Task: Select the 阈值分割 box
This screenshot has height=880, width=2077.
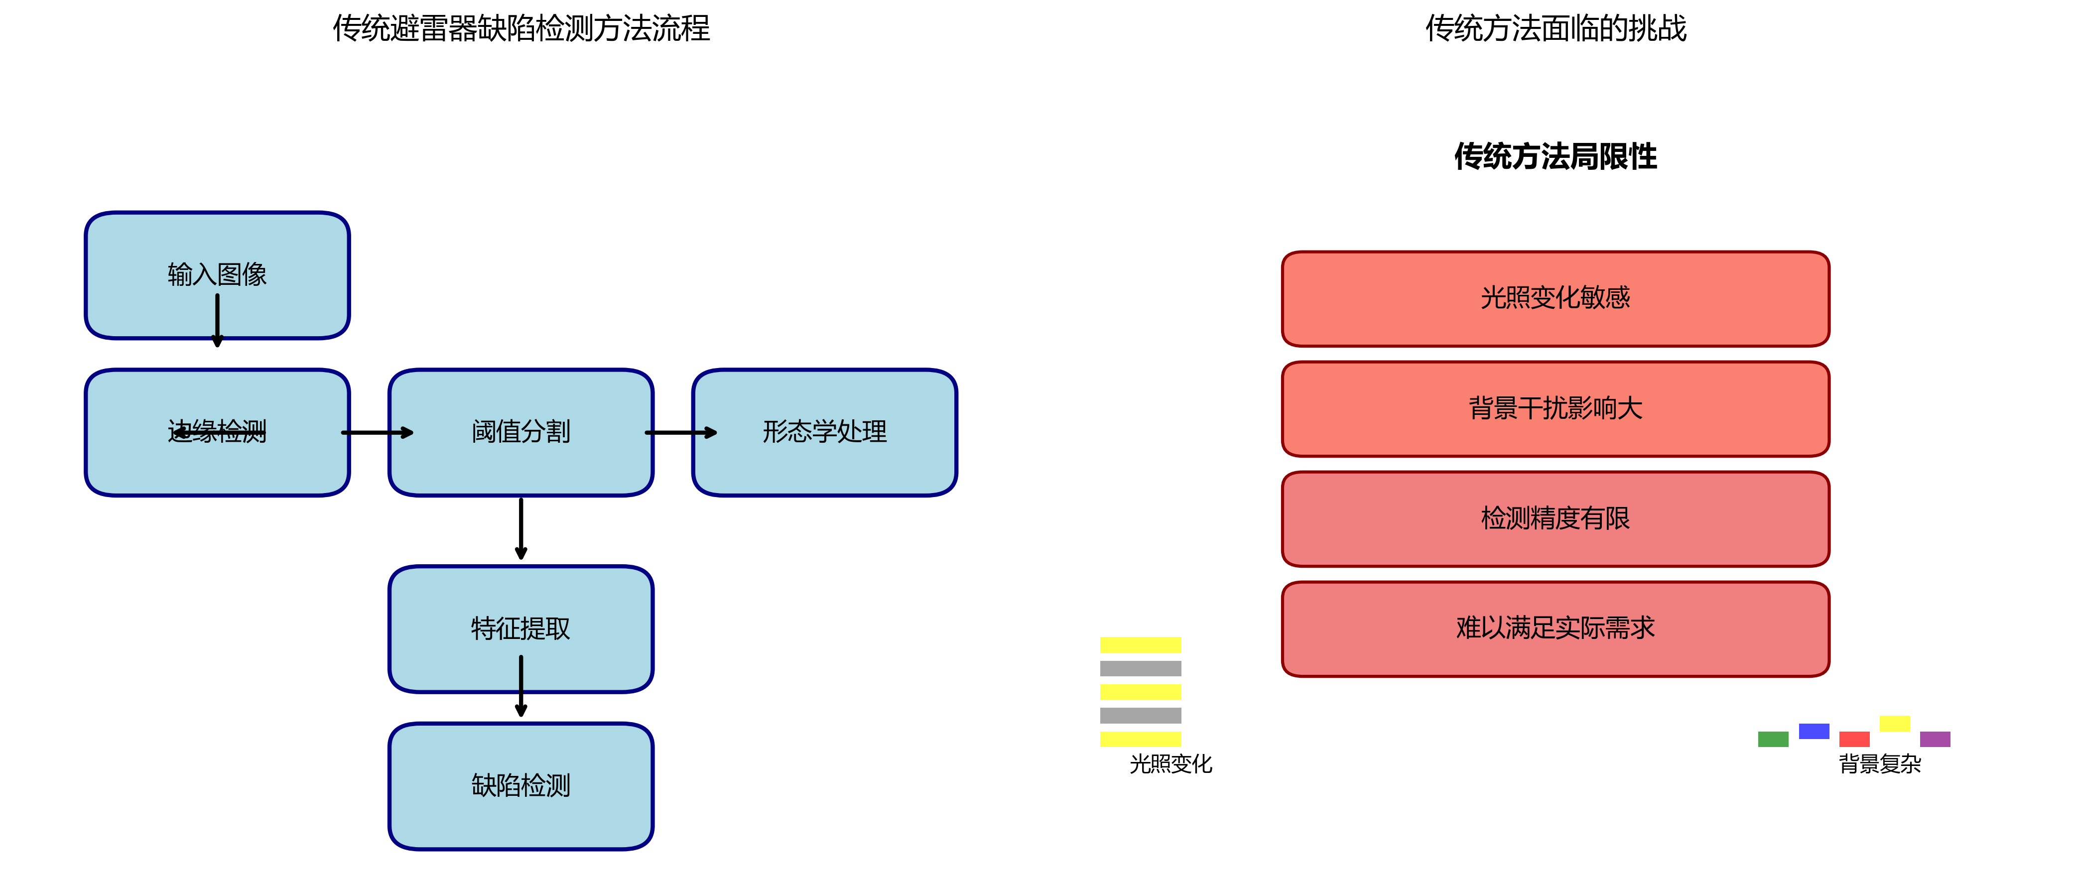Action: (521, 432)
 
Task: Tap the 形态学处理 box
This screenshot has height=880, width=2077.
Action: (824, 432)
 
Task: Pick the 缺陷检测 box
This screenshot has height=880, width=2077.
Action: (521, 786)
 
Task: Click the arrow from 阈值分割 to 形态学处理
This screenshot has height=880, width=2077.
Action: (681, 433)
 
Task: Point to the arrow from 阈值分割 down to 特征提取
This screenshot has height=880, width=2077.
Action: (521, 528)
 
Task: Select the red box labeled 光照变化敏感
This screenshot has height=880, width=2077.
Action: (1556, 299)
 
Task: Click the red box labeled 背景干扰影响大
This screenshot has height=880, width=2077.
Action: (1556, 408)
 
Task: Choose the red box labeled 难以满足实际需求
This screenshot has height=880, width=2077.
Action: (1556, 629)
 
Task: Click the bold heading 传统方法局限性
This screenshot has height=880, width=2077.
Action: (1556, 156)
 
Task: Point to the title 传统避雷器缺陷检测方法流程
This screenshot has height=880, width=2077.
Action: (521, 28)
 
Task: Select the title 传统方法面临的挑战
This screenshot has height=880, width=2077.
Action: (1556, 28)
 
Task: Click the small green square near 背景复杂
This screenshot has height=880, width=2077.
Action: (1773, 739)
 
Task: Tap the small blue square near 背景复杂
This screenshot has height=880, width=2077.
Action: (1814, 731)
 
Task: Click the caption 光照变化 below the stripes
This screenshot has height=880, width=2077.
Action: (1170, 764)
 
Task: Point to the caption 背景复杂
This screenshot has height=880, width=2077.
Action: (1879, 764)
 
